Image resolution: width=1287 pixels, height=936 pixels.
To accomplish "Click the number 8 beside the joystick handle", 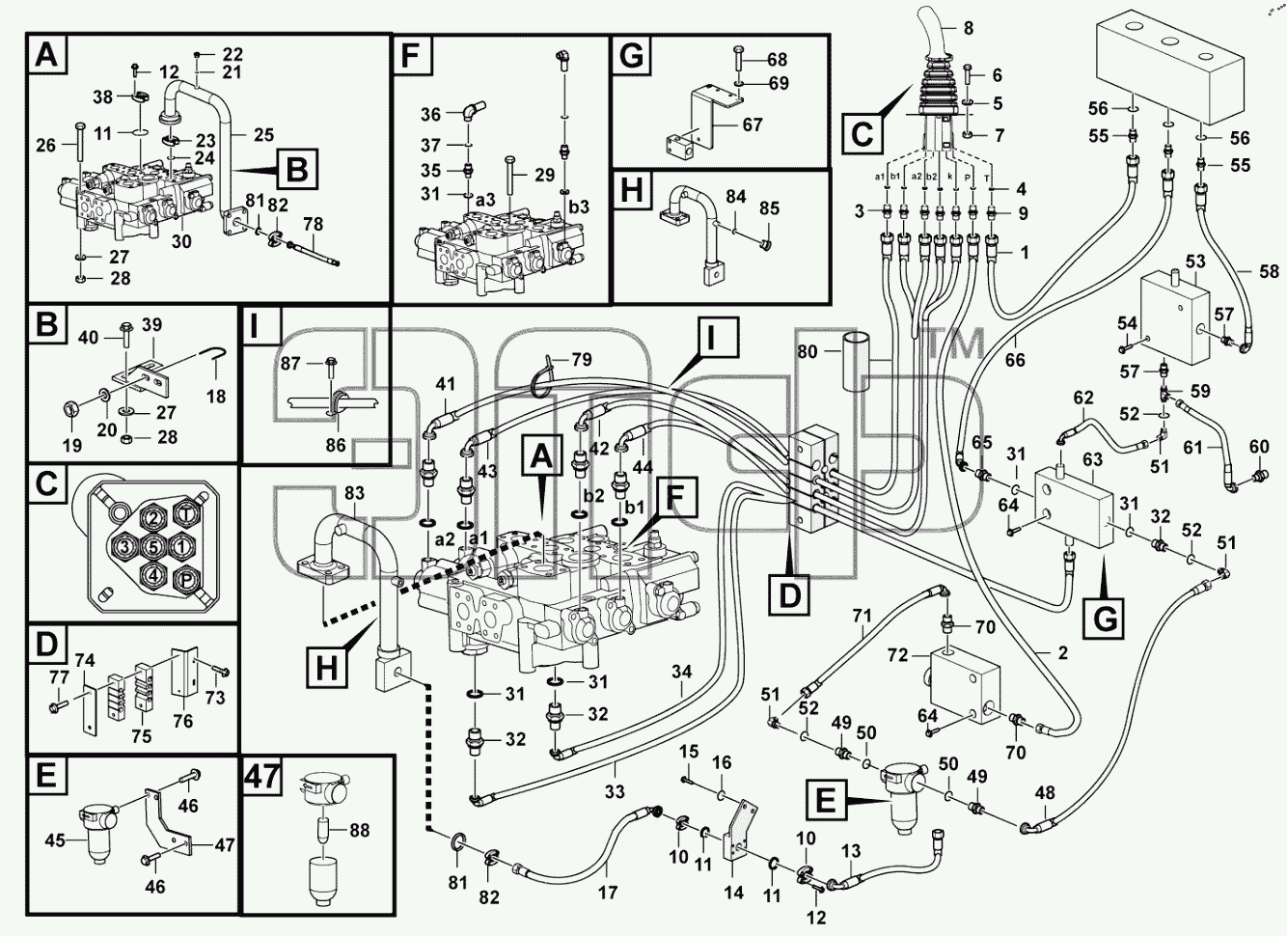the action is click(968, 28).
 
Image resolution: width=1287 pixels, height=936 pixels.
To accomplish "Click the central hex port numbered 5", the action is click(153, 546).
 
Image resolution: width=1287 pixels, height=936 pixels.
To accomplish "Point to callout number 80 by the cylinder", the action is click(807, 351).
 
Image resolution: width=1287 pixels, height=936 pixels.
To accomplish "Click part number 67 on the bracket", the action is click(753, 124).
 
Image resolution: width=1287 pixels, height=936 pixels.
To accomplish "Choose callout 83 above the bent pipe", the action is click(354, 493).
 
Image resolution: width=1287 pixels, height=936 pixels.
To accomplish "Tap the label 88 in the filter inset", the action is click(359, 830).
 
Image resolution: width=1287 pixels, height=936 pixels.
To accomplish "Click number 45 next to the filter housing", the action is click(55, 840).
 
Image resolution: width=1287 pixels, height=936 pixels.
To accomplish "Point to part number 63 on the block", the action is click(1092, 459).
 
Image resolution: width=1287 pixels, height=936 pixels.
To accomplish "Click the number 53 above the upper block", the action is click(1195, 262).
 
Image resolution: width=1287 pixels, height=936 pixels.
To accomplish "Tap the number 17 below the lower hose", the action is click(607, 893).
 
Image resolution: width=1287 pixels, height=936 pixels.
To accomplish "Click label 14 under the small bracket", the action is click(733, 893).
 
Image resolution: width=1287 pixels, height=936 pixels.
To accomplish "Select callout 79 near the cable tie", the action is click(581, 360).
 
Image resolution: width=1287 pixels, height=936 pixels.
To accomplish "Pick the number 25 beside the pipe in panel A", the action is click(263, 134).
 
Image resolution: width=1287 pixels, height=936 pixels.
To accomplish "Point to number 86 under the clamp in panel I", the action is click(336, 444).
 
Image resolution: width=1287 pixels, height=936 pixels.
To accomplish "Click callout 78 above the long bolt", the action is click(314, 224).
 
